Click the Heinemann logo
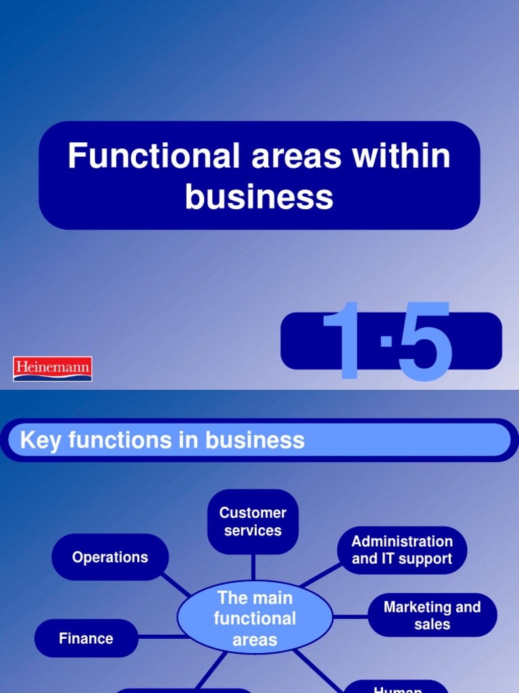(x=53, y=369)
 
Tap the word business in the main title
(x=259, y=197)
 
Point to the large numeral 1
(x=349, y=342)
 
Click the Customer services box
(x=253, y=522)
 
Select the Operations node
(x=110, y=557)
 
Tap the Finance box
(x=86, y=638)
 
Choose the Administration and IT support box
(x=402, y=550)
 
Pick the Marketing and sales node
(x=432, y=615)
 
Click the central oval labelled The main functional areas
(x=255, y=618)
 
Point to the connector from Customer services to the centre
(x=253, y=567)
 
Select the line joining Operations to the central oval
(x=177, y=585)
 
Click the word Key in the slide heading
(x=36, y=441)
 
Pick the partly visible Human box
(x=397, y=687)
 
